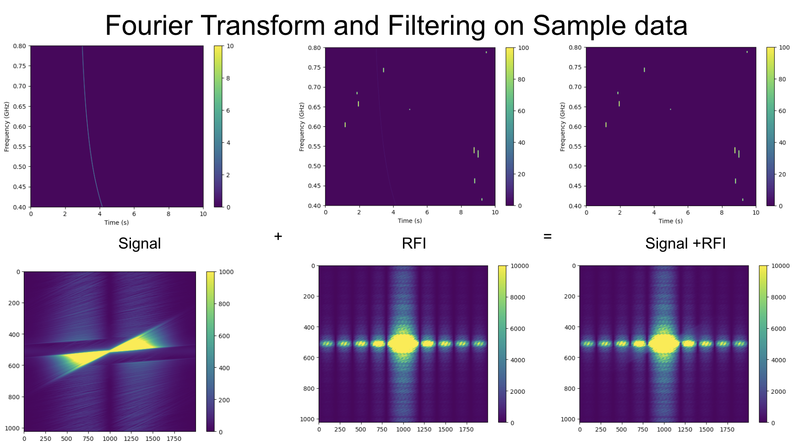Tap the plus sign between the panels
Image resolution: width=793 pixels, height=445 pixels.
click(278, 236)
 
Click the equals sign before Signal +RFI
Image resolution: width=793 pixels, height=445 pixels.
click(547, 236)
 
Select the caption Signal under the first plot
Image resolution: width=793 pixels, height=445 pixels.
click(140, 243)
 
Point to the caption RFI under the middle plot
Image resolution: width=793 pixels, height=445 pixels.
click(414, 243)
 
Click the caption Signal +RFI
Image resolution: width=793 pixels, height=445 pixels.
click(685, 243)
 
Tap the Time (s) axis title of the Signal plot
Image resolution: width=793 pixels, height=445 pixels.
click(116, 222)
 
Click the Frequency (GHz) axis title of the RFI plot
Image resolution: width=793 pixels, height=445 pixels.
click(301, 127)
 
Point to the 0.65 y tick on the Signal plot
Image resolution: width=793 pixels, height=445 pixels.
click(19, 106)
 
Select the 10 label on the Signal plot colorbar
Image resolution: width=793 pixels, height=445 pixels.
click(230, 46)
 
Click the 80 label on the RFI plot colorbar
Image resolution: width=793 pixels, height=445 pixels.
click(521, 79)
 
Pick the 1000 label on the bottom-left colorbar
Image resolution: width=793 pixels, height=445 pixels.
click(226, 272)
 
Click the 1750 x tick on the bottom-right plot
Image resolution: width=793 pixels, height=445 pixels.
click(727, 429)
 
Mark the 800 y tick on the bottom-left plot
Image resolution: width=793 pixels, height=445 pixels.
click(14, 397)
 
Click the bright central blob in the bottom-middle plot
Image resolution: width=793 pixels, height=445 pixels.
click(403, 343)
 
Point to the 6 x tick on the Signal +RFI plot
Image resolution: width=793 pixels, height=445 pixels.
click(688, 212)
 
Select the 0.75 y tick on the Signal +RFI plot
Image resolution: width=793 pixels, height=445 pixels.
click(575, 67)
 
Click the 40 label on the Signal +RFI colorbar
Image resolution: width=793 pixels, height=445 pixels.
click(782, 143)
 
